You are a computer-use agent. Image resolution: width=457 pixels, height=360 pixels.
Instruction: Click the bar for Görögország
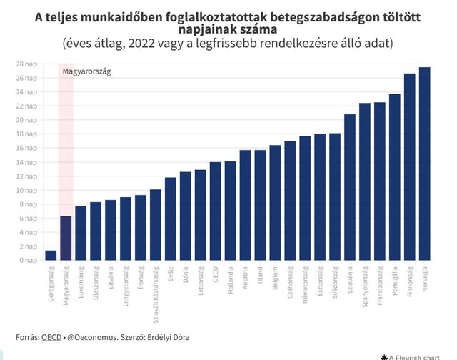click(51, 255)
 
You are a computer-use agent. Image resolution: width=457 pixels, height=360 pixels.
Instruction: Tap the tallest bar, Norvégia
click(424, 164)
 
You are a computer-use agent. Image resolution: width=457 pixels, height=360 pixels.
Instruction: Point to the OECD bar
click(215, 211)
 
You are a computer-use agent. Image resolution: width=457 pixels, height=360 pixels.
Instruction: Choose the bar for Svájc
click(170, 219)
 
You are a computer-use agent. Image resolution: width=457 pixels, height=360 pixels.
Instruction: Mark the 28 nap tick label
click(28, 64)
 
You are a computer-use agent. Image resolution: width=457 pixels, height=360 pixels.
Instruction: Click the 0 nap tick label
click(29, 260)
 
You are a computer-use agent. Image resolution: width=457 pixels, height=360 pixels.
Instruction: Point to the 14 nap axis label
click(28, 162)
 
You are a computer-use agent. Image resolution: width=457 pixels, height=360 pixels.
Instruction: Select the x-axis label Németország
click(305, 284)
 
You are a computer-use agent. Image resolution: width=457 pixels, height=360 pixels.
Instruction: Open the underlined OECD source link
click(51, 336)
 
